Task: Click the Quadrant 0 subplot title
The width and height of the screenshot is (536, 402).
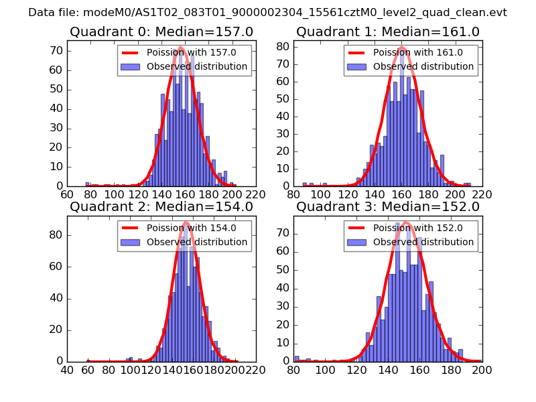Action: [161, 31]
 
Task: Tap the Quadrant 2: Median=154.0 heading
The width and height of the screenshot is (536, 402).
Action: [161, 206]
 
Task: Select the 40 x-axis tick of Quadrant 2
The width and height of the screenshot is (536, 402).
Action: [68, 370]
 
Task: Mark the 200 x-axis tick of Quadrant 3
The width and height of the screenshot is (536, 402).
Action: [482, 370]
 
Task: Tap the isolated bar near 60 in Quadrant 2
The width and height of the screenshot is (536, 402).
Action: [88, 360]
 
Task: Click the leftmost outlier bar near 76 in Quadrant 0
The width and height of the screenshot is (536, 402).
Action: [87, 184]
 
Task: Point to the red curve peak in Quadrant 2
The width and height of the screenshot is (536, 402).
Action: [186, 222]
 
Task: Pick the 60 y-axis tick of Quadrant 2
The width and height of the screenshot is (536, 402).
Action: [56, 267]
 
